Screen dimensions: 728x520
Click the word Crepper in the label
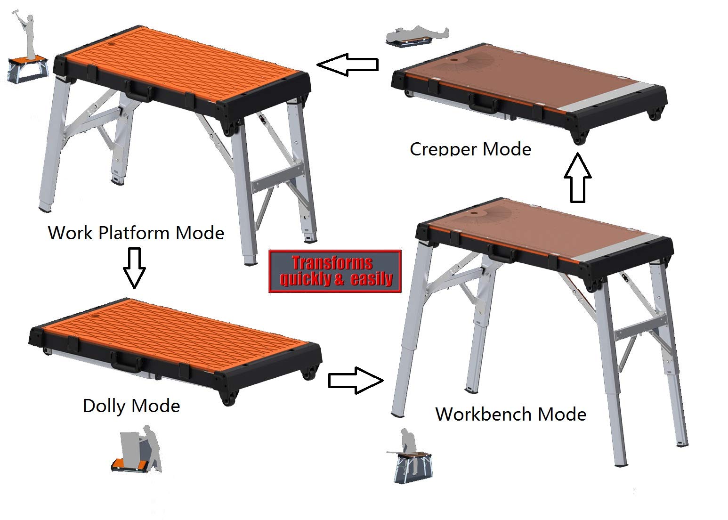[444, 149]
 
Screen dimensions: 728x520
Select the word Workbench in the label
[484, 414]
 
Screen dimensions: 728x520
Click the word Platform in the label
[134, 233]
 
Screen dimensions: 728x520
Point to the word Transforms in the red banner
[332, 263]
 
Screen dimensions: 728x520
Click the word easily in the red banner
[372, 279]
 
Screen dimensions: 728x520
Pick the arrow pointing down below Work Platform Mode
[134, 268]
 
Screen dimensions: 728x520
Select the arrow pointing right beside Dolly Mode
[356, 381]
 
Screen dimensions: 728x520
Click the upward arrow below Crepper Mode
[577, 178]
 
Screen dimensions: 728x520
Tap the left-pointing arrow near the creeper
[348, 65]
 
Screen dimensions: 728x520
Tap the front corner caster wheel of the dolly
[229, 398]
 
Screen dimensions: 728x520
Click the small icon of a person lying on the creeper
[417, 36]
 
